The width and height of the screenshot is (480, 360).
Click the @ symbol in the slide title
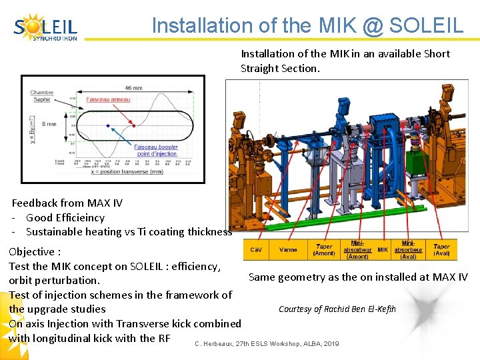click(x=371, y=25)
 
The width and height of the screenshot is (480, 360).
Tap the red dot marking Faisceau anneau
click(x=135, y=125)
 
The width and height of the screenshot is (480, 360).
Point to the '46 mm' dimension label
click(x=133, y=88)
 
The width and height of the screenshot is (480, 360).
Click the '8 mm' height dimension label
click(x=50, y=124)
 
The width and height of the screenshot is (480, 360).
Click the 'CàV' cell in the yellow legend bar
click(x=256, y=250)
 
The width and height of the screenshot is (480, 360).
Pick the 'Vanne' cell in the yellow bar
click(x=288, y=250)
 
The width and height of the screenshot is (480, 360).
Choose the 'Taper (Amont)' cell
click(x=324, y=250)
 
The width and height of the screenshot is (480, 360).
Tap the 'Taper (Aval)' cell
click(x=441, y=250)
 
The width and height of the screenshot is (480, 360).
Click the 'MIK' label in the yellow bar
click(x=383, y=250)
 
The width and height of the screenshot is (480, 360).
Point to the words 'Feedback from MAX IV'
click(x=58, y=203)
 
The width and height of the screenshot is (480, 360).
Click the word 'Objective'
click(x=31, y=251)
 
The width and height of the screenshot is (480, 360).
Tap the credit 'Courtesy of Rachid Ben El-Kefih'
click(x=337, y=309)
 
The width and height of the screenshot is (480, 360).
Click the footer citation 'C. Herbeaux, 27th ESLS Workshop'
click(x=267, y=343)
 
